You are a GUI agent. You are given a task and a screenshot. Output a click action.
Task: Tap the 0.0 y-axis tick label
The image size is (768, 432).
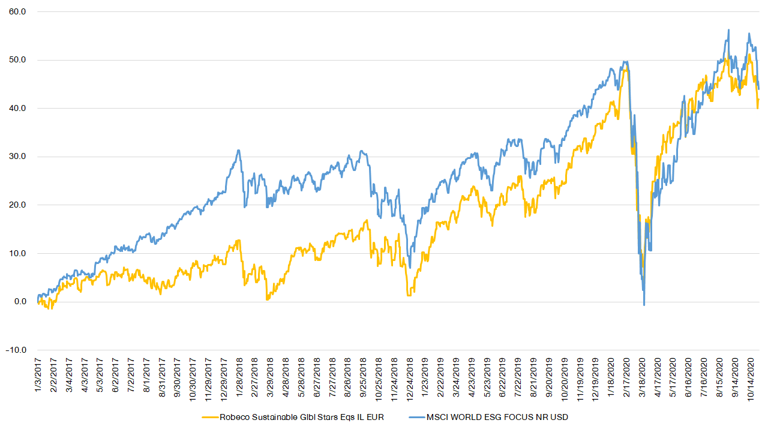pyautogui.click(x=21, y=302)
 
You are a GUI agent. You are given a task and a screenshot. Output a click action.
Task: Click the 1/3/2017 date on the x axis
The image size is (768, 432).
pyautogui.click(x=38, y=374)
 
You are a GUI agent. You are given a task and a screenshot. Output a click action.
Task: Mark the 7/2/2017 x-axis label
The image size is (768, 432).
pyautogui.click(x=131, y=374)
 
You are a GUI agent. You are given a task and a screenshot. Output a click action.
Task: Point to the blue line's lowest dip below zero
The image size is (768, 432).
pyautogui.click(x=644, y=305)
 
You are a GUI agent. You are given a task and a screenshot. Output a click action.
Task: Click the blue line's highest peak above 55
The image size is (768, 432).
pyautogui.click(x=728, y=29)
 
